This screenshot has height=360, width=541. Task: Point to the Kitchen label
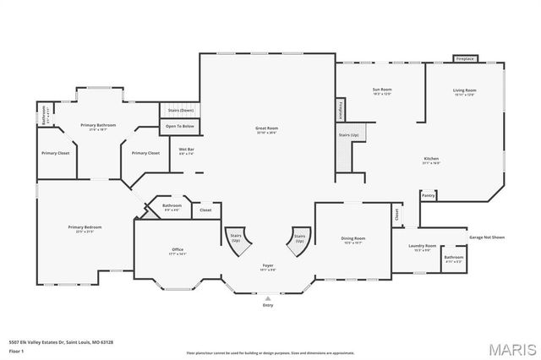coord(431,161)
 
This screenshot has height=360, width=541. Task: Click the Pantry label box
coord(429,195)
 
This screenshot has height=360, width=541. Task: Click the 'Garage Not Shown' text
coord(487,237)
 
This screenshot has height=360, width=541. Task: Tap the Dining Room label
coord(352,240)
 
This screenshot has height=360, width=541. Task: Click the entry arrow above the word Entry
coord(267,297)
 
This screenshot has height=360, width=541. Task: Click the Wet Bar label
coord(187,151)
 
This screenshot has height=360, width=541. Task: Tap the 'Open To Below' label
coord(179,126)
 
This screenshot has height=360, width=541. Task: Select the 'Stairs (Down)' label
coord(180,110)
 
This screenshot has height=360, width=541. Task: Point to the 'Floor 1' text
coord(16,348)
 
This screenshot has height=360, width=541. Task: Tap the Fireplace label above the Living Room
coord(465,59)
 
